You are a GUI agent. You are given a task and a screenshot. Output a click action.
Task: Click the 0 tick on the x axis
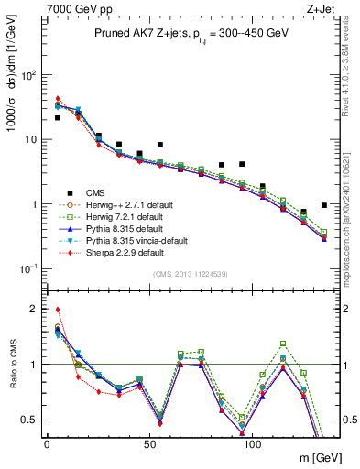[47, 443]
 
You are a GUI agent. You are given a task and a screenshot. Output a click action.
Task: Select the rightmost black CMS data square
[324, 205]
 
